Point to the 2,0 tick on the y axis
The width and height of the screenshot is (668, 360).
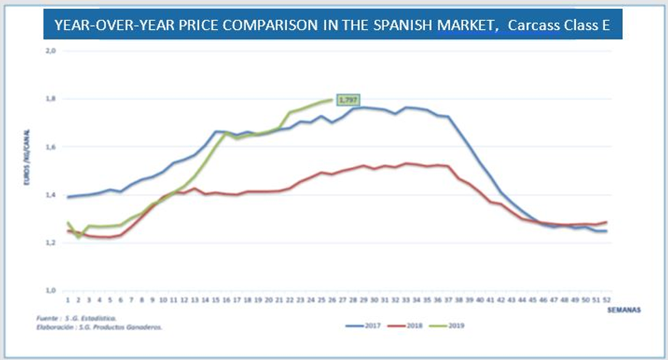tap(52, 51)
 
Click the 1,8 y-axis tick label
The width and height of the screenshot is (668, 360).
tap(52, 99)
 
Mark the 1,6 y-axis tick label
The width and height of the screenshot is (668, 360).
tap(52, 147)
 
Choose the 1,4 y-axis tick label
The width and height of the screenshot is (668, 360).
tap(52, 195)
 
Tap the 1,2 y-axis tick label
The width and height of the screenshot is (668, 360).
tap(52, 242)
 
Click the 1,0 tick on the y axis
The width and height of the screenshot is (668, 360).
tap(52, 290)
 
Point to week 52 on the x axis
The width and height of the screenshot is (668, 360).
tap(605, 299)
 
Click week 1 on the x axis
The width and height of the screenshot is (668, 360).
tap(67, 299)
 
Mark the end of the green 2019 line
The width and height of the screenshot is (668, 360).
tap(333, 100)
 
